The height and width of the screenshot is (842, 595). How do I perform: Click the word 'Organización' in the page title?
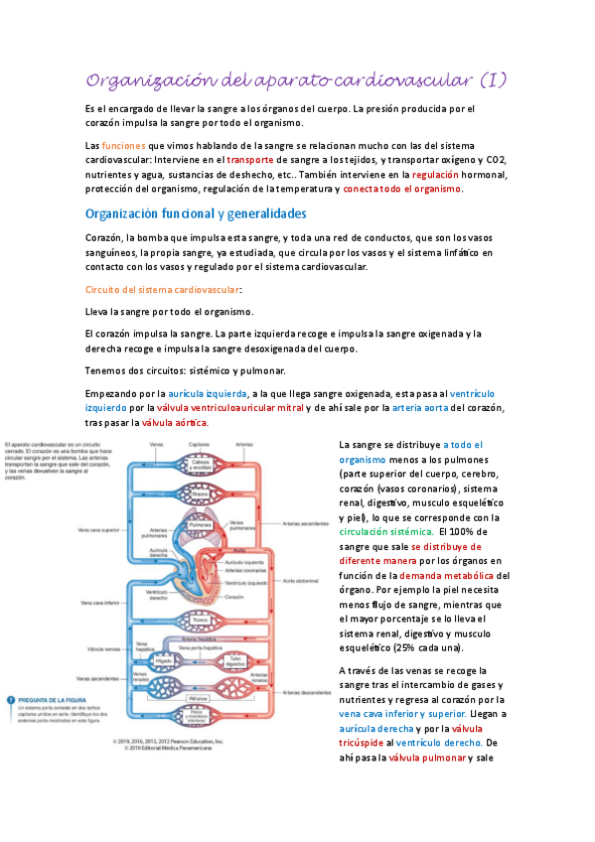pyautogui.click(x=139, y=79)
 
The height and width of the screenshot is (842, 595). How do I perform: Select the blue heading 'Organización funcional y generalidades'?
pyautogui.click(x=196, y=213)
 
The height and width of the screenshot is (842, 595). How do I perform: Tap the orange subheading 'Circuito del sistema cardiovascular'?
pyautogui.click(x=161, y=290)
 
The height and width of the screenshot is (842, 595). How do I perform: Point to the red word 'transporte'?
pyautogui.click(x=250, y=159)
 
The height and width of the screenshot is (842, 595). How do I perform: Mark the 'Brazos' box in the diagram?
pyautogui.click(x=200, y=492)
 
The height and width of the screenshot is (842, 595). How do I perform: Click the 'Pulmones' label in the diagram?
pyautogui.click(x=200, y=525)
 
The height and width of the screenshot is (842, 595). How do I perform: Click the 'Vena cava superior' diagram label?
pyautogui.click(x=102, y=529)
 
